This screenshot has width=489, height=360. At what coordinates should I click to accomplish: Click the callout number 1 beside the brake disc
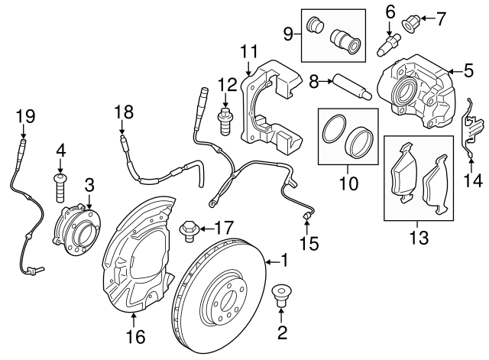[284, 261]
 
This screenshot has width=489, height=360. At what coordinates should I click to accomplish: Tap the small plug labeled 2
[281, 293]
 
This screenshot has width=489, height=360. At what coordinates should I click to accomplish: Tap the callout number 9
[289, 32]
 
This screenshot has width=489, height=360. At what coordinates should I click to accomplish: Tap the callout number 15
[309, 245]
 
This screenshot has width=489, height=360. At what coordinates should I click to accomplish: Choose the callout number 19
[26, 116]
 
